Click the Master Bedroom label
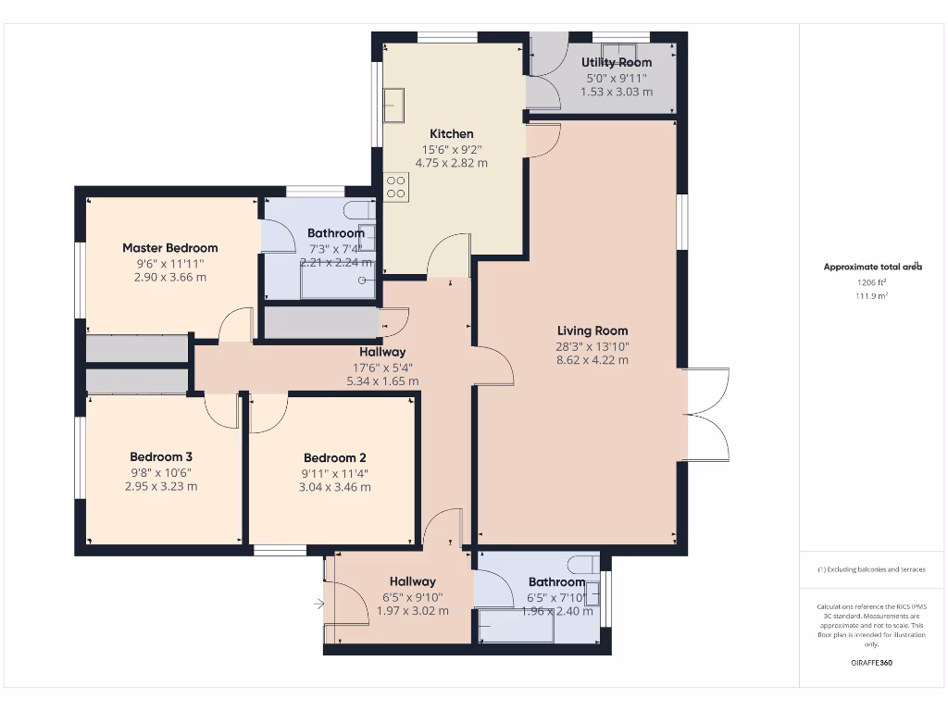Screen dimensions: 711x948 coord(170,247)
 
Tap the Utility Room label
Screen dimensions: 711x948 coord(617,62)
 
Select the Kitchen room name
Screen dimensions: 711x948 coord(451,133)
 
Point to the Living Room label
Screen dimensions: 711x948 coord(592,331)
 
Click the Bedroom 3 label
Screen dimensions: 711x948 coord(161,456)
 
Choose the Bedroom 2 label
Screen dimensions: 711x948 coord(335,457)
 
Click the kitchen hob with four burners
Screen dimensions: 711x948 coord(396,187)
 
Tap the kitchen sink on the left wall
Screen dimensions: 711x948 coord(394,106)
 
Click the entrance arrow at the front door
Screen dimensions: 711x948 coord(319,605)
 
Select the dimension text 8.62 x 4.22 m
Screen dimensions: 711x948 coord(592,360)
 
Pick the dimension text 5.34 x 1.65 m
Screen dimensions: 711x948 coord(382,380)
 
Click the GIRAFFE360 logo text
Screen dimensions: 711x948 coord(871,663)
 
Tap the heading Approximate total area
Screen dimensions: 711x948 coord(872,267)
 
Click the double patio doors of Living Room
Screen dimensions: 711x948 coord(707,414)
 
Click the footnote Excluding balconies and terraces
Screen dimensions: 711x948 coord(871,569)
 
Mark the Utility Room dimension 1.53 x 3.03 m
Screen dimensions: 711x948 coord(617,92)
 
